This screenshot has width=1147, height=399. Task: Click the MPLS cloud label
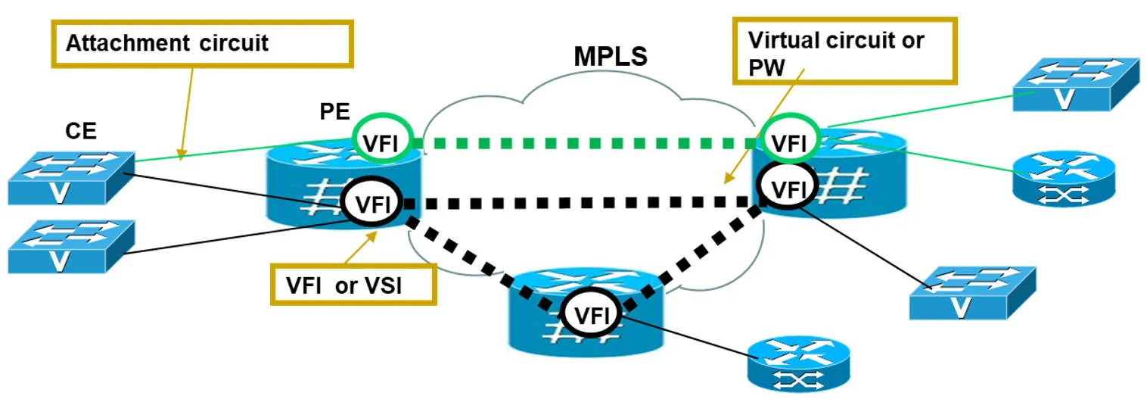pos(611,56)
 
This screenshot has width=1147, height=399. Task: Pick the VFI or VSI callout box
pos(353,285)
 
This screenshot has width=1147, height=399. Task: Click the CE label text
pos(79,130)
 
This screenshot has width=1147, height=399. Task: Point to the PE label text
pos(334,112)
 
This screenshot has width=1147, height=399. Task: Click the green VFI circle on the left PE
pos(381,142)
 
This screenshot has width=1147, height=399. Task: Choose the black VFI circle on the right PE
pos(788,188)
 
